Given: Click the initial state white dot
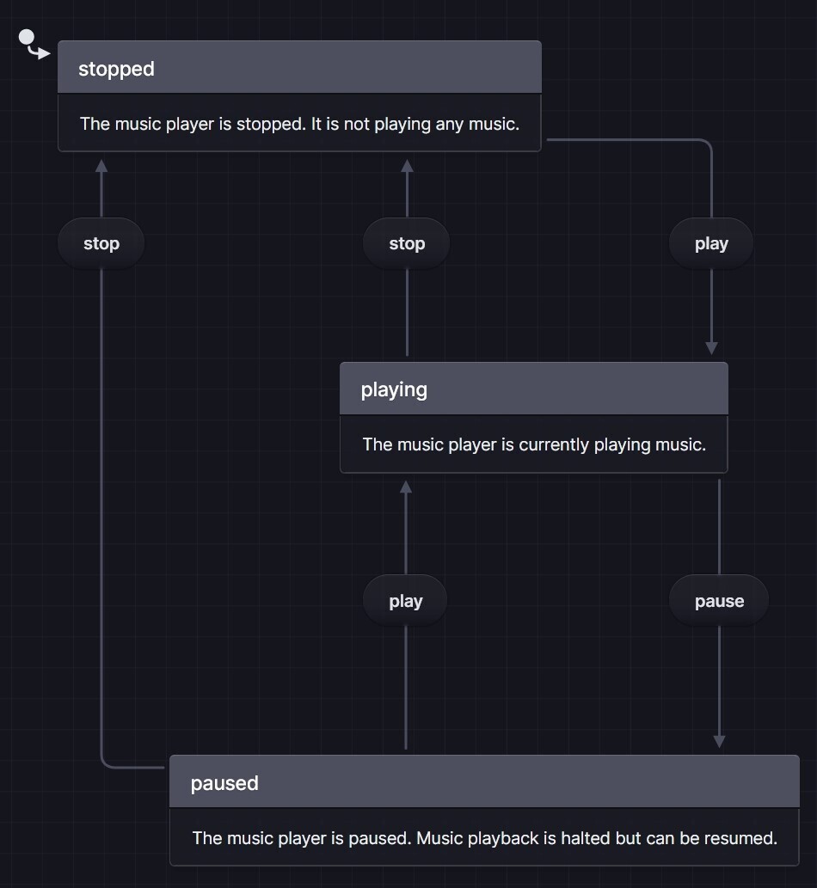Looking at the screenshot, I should point(27,38).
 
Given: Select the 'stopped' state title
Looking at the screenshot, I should point(116,69).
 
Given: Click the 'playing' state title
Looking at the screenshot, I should point(394,389).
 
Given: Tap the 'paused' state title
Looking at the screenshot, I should point(224,783).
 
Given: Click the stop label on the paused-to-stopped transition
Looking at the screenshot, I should point(101,243).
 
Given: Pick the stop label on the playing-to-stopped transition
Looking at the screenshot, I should point(407,243).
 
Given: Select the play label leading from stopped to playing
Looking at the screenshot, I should point(711,243).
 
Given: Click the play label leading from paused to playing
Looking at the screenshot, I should point(406,601).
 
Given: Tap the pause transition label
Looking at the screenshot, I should point(719,601).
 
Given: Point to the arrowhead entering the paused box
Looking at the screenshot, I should point(719,741).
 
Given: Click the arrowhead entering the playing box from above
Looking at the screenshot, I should point(711,348).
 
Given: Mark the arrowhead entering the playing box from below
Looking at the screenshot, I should point(406,487).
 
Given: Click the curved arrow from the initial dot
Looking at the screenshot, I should point(40,53).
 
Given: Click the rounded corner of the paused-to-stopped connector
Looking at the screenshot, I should point(105,763).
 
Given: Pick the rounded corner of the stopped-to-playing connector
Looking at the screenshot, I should point(708,144).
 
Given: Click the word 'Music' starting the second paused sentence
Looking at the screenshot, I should point(439,837).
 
